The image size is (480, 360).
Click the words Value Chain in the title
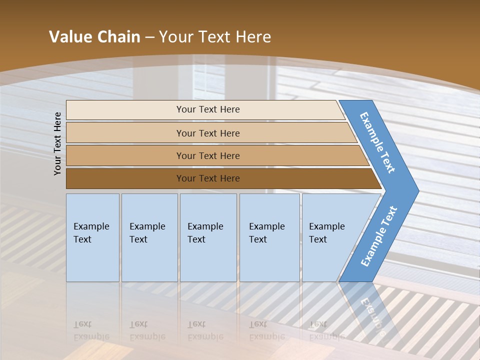(94, 37)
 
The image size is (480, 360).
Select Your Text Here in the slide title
(215, 37)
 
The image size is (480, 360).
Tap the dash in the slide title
(149, 37)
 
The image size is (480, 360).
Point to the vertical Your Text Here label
(57, 143)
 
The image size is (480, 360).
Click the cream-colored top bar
(125, 109)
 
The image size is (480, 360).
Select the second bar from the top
(125, 133)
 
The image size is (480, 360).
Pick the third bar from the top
(125, 155)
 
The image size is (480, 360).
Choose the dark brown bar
(125, 178)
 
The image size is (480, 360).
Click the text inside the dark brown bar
(208, 178)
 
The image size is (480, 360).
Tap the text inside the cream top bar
(208, 109)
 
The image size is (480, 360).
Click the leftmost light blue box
(92, 237)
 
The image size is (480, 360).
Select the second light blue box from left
(149, 237)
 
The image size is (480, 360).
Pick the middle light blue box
(208, 237)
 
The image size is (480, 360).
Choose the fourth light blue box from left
(269, 237)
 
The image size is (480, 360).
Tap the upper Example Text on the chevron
(377, 142)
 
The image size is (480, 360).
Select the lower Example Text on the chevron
(378, 236)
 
